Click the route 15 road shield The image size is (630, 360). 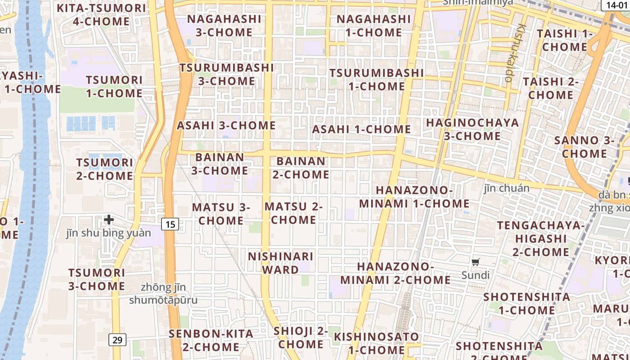(x=170, y=224)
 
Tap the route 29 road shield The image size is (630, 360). (x=117, y=340)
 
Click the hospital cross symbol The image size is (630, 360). (x=108, y=220)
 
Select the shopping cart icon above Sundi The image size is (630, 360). (x=476, y=262)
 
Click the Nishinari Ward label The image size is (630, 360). (x=281, y=263)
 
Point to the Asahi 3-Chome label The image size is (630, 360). (x=226, y=126)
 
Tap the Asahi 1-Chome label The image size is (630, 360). (x=362, y=129)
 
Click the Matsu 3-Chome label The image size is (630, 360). (x=221, y=214)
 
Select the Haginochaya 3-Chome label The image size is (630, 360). (x=472, y=129)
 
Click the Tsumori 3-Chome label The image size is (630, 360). (x=97, y=279)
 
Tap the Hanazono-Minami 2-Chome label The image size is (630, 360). (x=396, y=273)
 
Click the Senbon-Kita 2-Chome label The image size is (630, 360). (x=211, y=341)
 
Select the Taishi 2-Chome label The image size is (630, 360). (x=551, y=89)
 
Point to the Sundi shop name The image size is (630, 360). (x=476, y=275)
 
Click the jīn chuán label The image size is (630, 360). (x=507, y=188)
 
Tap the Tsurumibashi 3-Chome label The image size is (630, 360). (x=227, y=74)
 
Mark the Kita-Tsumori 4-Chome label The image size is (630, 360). (x=101, y=15)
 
